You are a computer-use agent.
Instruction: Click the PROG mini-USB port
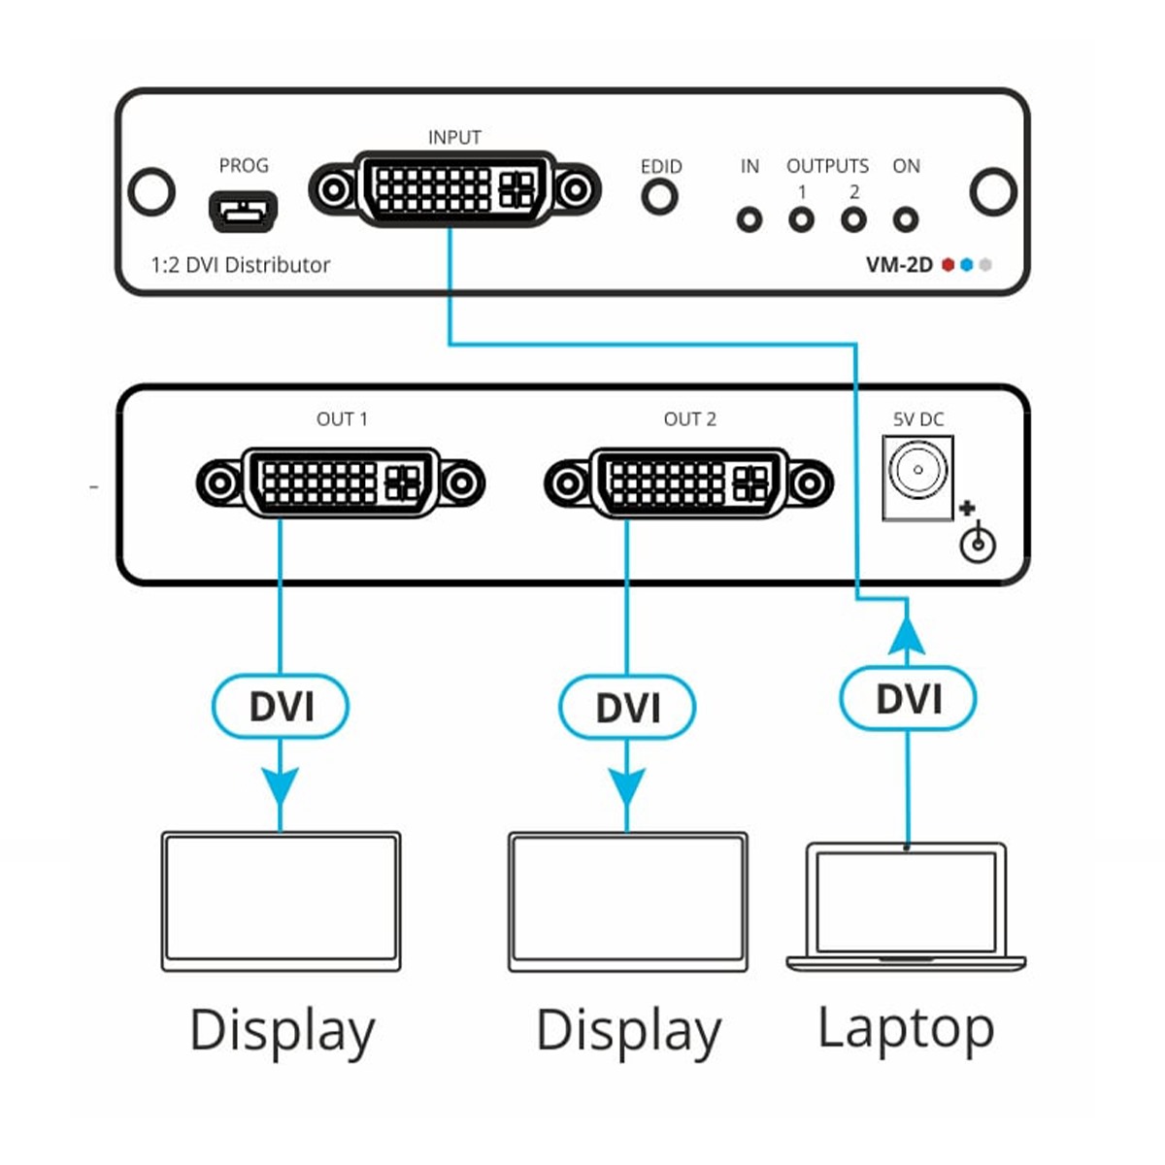pyautogui.click(x=243, y=211)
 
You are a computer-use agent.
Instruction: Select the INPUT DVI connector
pyautogui.click(x=454, y=188)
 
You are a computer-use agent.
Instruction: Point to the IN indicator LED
pyautogui.click(x=749, y=220)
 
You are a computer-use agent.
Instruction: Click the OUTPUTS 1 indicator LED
pyautogui.click(x=801, y=220)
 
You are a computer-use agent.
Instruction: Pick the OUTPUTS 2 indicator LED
pyautogui.click(x=853, y=220)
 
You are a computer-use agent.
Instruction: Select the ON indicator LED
pyautogui.click(x=906, y=220)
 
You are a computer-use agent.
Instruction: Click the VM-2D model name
pyautogui.click(x=899, y=264)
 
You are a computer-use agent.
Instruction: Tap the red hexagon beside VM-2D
pyautogui.click(x=949, y=264)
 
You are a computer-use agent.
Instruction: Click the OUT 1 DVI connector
pyautogui.click(x=341, y=482)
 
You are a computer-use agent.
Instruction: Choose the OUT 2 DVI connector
pyautogui.click(x=689, y=482)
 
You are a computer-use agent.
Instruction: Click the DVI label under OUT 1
pyautogui.click(x=281, y=706)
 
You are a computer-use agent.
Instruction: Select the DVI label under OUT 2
pyautogui.click(x=627, y=708)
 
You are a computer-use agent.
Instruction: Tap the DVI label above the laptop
pyautogui.click(x=908, y=698)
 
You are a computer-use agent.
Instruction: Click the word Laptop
pyautogui.click(x=906, y=1029)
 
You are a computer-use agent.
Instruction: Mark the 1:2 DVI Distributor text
pyautogui.click(x=241, y=265)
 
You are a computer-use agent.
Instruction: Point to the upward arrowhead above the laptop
pyautogui.click(x=907, y=636)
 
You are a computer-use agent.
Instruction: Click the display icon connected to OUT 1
pyautogui.click(x=281, y=901)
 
